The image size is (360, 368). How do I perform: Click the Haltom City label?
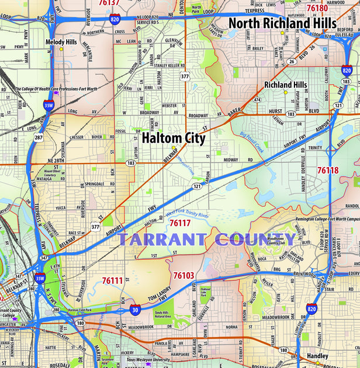pyautogui.click(x=174, y=138)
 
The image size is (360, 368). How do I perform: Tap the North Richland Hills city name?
pyautogui.click(x=282, y=23)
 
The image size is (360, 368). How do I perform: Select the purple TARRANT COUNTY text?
pyautogui.click(x=207, y=239)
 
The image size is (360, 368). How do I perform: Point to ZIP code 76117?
pyautogui.click(x=180, y=223)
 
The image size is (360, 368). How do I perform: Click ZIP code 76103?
pyautogui.click(x=184, y=275)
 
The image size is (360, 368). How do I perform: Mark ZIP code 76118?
pyautogui.click(x=328, y=171)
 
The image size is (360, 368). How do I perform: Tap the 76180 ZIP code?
pyautogui.click(x=317, y=8)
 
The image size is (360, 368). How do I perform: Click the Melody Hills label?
pyautogui.click(x=61, y=42)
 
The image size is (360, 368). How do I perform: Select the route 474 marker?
pyautogui.click(x=257, y=100)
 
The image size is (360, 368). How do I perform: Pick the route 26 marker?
pyautogui.click(x=291, y=61)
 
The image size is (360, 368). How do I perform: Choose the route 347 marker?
pyautogui.click(x=43, y=257)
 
